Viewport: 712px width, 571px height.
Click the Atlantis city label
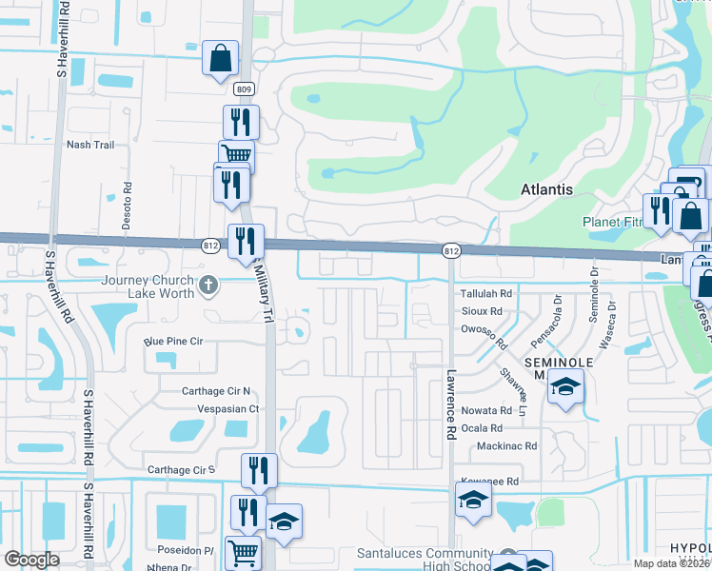(x=546, y=189)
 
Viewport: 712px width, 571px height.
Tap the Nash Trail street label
(x=89, y=145)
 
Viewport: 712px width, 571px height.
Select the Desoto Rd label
(x=127, y=201)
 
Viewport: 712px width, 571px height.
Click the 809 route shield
(x=245, y=89)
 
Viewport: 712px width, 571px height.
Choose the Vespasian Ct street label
(x=227, y=408)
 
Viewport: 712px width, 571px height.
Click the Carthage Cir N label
(x=216, y=391)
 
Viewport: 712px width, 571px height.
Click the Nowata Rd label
(x=486, y=411)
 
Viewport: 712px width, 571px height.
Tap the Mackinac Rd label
(x=506, y=445)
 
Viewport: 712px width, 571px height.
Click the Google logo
(x=31, y=560)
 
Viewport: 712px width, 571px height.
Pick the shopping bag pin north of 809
(x=220, y=57)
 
